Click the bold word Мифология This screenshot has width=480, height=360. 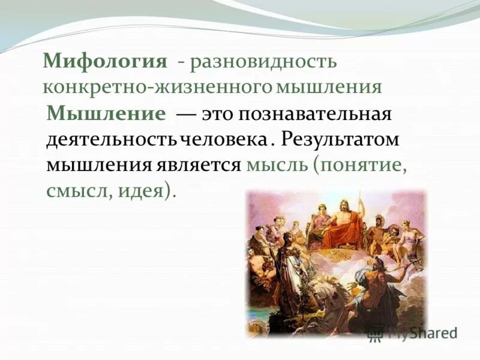tap(104, 62)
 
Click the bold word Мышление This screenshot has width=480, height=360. tap(106, 114)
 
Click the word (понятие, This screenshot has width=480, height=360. tap(359, 165)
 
